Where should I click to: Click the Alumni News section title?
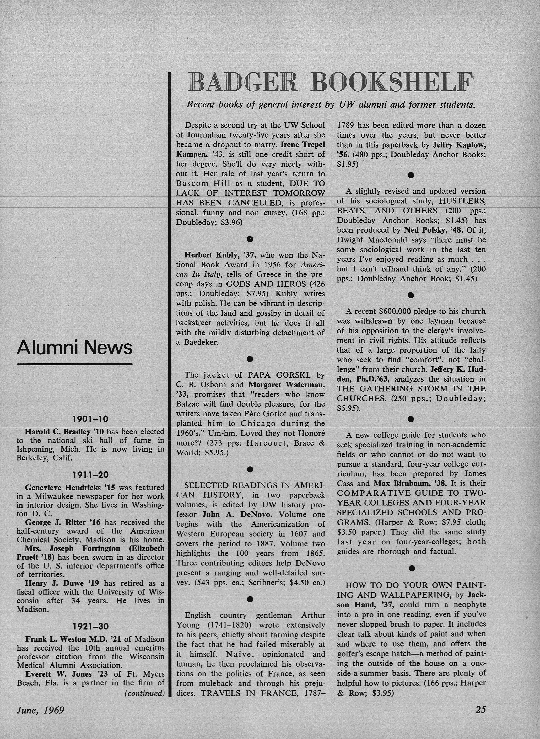74,347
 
